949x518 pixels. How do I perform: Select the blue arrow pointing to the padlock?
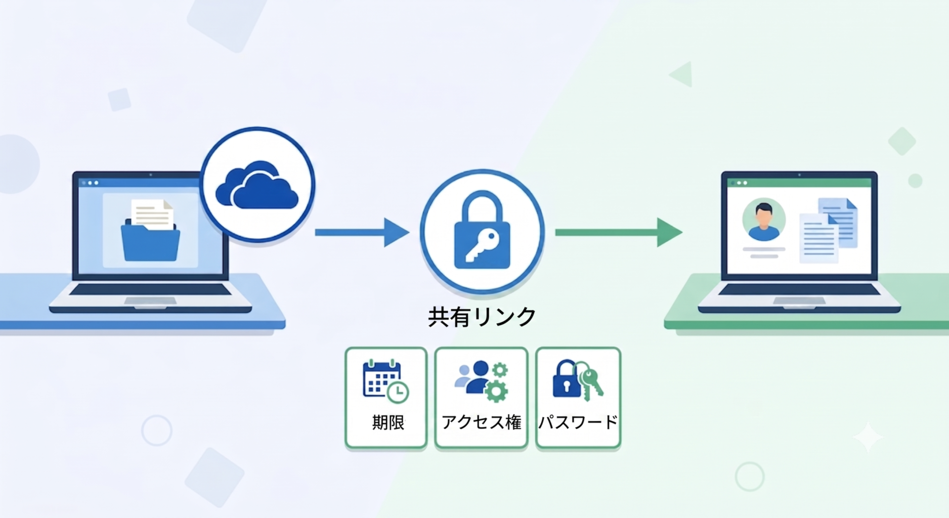362,232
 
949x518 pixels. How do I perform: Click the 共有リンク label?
482,317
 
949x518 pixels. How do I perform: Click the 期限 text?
388,423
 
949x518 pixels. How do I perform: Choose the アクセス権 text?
481,423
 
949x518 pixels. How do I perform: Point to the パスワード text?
578,422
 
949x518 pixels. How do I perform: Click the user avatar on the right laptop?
764,219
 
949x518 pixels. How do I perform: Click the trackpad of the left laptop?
150,301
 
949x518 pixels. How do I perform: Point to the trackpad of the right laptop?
799,301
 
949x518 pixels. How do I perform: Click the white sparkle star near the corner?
868,437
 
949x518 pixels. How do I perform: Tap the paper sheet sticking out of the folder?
152,214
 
